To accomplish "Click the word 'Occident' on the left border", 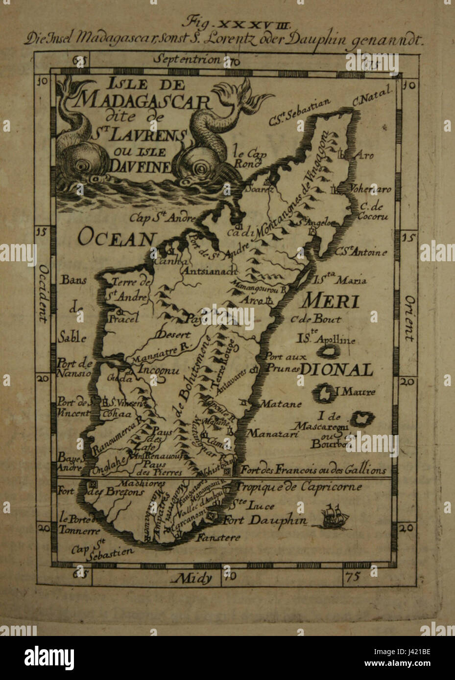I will coord(43,294).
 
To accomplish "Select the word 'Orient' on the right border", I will coord(409,318).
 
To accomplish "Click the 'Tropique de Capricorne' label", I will coord(299,487).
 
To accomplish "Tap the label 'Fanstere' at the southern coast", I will coord(218,538).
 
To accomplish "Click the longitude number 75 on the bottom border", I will coord(353,576).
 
